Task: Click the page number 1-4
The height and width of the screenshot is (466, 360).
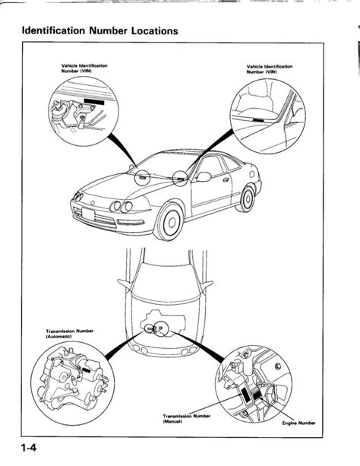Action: [29, 448]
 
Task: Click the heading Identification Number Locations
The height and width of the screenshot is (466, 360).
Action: [99, 31]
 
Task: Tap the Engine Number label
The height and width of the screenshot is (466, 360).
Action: [298, 423]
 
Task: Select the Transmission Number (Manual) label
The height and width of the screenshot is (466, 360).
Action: [187, 418]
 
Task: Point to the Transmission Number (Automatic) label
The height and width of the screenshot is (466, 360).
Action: [70, 334]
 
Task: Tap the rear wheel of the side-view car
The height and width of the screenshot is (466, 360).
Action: [247, 198]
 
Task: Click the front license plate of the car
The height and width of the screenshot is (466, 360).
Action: [88, 214]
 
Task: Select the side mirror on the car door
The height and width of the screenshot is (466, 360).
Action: [204, 176]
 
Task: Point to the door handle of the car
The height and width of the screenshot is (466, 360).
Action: [226, 180]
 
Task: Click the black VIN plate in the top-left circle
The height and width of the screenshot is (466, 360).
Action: [94, 101]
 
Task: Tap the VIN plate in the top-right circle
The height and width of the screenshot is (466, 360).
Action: [258, 120]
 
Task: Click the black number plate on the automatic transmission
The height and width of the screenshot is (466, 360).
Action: [87, 370]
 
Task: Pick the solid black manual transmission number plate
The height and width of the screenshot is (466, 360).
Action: [246, 395]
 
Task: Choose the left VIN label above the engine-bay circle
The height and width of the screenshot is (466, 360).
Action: [84, 68]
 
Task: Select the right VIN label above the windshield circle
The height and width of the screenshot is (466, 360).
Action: [270, 69]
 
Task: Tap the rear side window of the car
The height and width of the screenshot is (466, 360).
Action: [232, 163]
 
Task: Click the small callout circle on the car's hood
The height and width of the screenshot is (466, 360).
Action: [142, 177]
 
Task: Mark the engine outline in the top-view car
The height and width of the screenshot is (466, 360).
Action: [163, 323]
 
